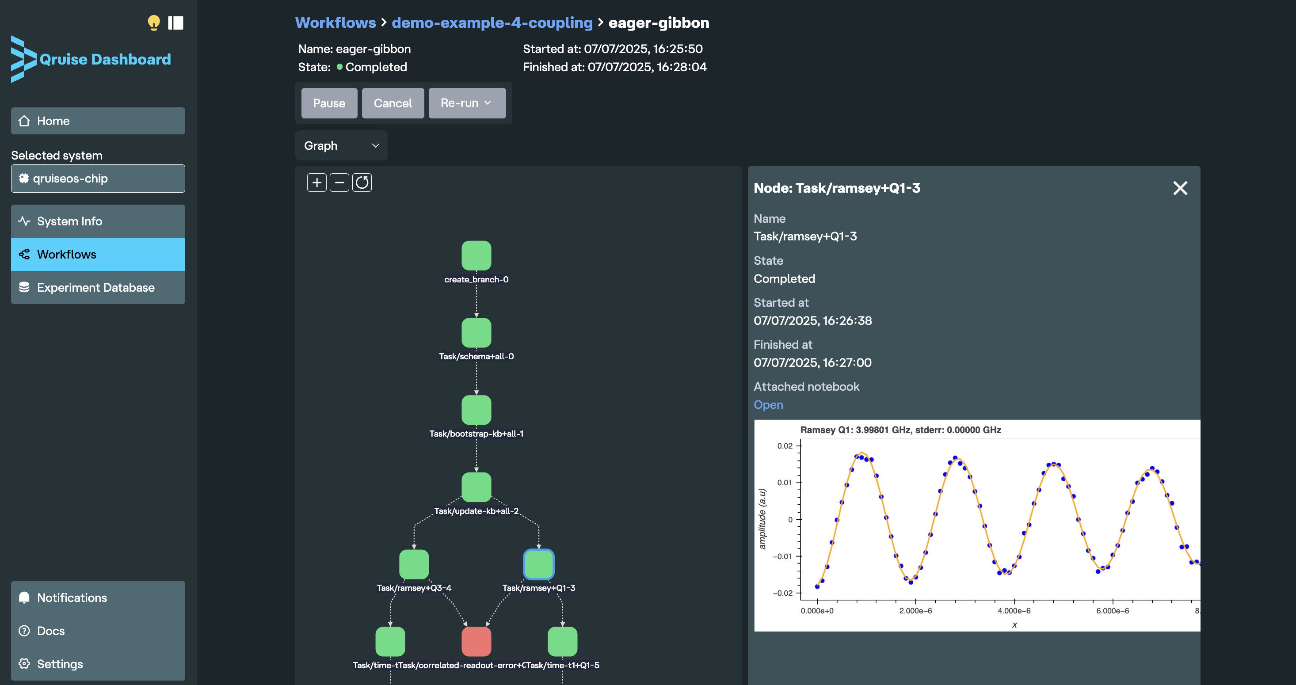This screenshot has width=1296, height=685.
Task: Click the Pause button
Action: coord(329,103)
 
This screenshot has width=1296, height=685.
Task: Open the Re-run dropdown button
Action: coord(466,103)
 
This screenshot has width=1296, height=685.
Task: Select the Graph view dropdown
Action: coord(341,146)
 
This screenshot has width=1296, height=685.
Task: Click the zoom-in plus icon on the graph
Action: coord(317,183)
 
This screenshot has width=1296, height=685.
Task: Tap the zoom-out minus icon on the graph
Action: coord(339,183)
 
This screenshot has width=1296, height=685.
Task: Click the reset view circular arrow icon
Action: coord(362,183)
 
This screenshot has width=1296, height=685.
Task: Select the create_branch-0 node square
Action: coord(476,255)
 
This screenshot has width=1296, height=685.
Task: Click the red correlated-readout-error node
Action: coord(476,641)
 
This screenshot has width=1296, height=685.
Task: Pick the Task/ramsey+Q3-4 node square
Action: coord(414,564)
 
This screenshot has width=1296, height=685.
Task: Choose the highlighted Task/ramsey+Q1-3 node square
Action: coord(538,564)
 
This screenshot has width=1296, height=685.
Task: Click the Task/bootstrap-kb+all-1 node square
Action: coord(476,410)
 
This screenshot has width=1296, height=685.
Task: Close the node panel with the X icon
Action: coord(1180,188)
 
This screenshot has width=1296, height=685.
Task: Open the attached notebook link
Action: coord(768,405)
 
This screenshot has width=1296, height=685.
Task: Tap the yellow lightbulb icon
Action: coord(153,23)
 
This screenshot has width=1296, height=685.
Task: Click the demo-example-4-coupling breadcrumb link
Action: coord(492,23)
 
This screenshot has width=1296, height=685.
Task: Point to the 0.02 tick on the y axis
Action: coord(785,445)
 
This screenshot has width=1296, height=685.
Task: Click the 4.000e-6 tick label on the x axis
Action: coord(1014,611)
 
